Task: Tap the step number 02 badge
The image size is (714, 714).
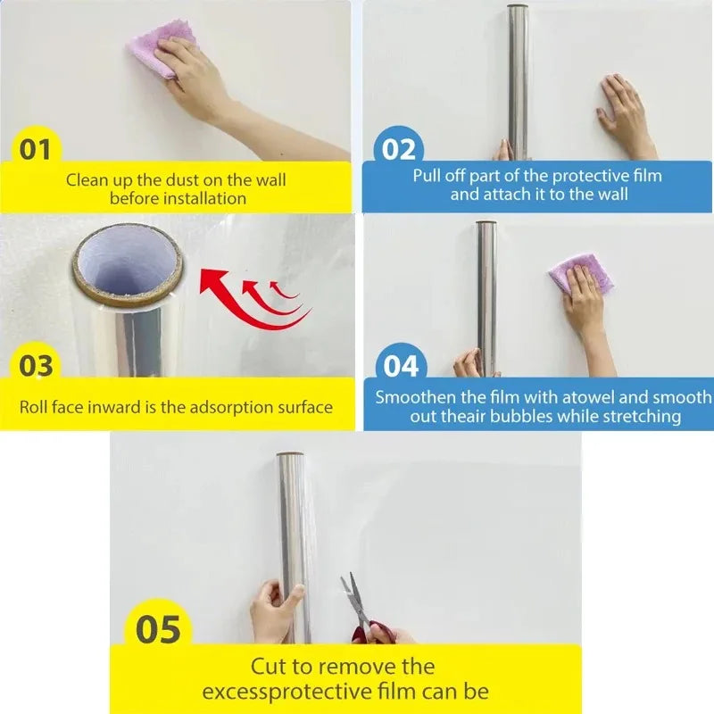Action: [399, 148]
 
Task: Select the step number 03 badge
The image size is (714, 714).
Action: [36, 365]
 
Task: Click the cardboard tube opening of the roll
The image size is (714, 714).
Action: [127, 261]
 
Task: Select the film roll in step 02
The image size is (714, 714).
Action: [518, 80]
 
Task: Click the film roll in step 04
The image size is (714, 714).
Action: [486, 295]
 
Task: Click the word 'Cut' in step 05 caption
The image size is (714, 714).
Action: [269, 666]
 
